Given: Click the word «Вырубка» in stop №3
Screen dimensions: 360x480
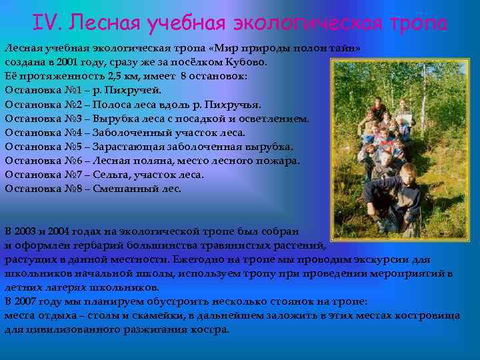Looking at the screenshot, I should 114,119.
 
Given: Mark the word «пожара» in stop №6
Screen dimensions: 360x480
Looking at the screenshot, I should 279,160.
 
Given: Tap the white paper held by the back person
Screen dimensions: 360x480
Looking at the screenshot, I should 407,119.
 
